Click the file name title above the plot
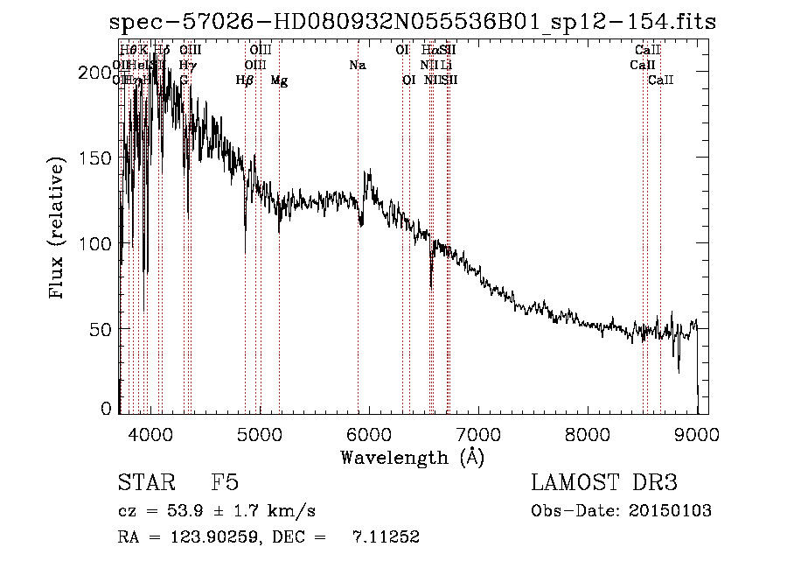(413, 22)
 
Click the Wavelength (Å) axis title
(412, 457)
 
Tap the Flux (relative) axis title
(59, 229)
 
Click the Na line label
(357, 65)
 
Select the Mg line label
(279, 81)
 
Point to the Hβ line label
(245, 81)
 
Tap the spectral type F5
(225, 483)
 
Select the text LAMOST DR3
(604, 483)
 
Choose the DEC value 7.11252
(386, 537)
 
